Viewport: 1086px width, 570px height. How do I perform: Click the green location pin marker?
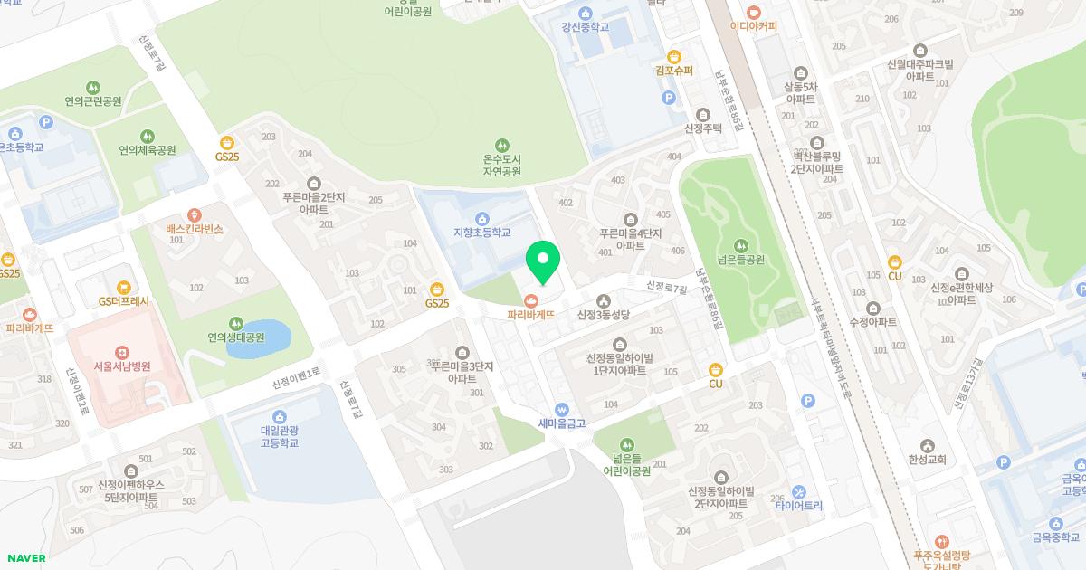click(543, 261)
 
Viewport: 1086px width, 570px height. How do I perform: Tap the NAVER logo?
click(24, 558)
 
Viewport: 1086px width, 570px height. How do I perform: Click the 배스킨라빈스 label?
click(195, 230)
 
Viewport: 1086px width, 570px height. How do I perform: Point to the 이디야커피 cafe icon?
click(754, 11)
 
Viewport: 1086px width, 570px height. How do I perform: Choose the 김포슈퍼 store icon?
click(673, 55)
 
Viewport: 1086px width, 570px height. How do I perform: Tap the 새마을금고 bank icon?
click(562, 408)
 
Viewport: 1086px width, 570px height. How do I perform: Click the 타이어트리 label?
click(799, 506)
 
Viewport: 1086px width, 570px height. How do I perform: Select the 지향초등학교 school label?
click(482, 232)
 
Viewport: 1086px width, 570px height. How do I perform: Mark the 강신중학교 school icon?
click(585, 13)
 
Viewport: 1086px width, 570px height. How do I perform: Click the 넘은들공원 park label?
click(741, 260)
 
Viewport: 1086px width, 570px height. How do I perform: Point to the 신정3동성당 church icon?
click(603, 300)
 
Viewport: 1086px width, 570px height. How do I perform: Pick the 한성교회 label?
click(926, 460)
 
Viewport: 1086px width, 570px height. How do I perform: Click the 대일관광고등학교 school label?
click(280, 437)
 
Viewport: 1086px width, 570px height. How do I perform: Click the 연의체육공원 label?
click(148, 150)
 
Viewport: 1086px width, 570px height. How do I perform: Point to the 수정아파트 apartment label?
click(872, 322)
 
